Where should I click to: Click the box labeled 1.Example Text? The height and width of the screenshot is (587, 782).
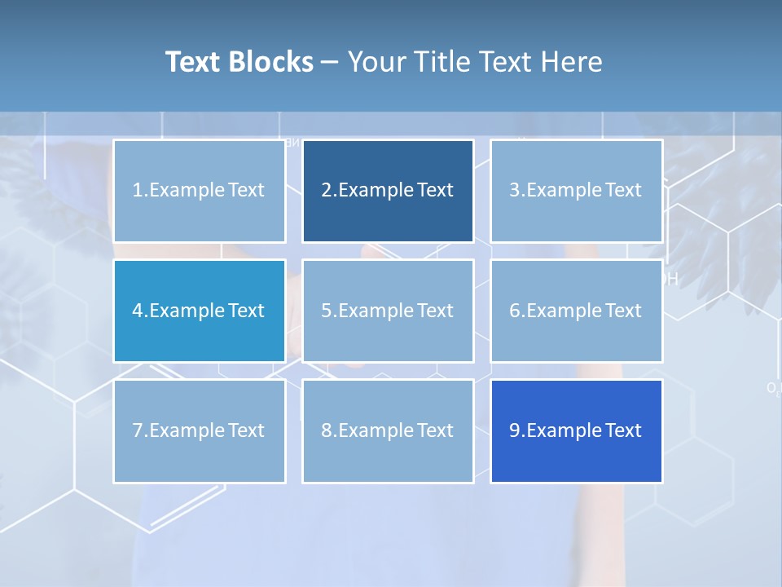[x=199, y=191]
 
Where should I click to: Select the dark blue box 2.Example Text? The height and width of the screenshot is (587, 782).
[x=388, y=191]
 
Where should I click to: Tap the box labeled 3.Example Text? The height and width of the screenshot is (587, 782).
[x=576, y=191]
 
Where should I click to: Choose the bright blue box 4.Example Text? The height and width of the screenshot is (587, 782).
[x=199, y=311]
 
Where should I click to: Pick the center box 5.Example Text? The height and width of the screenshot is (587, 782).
[x=388, y=311]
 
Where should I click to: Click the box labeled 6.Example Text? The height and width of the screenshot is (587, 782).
[x=576, y=311]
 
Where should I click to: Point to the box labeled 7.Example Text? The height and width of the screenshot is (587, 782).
[x=199, y=430]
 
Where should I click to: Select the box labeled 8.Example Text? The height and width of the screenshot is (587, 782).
[x=388, y=430]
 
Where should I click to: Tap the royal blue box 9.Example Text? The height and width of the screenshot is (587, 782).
[x=576, y=430]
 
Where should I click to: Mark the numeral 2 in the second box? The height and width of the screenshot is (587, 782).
[x=326, y=191]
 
